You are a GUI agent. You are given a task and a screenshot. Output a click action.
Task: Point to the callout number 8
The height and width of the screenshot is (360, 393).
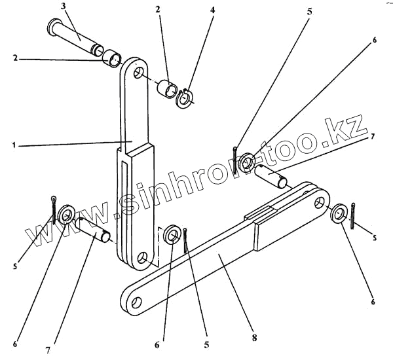253,338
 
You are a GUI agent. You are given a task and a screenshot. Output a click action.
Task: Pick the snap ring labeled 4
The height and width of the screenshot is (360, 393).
185,98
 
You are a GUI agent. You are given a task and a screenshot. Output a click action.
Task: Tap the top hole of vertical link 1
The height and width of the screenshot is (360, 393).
137,71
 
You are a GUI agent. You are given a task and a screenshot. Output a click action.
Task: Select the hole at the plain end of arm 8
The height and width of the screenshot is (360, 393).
135,302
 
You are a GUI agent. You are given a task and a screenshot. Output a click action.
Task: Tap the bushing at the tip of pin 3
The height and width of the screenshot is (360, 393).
112,60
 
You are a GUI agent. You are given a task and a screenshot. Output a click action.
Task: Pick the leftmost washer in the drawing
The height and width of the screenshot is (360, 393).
65,215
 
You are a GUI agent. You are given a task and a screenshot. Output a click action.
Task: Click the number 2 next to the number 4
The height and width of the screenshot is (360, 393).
157,10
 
